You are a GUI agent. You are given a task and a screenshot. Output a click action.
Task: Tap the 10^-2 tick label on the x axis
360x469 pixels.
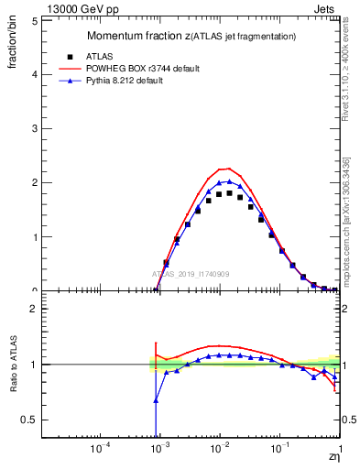(219, 451)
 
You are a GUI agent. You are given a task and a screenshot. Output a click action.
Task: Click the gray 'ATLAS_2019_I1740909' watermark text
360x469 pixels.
(190, 274)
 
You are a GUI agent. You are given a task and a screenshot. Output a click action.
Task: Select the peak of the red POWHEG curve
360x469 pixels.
(226, 169)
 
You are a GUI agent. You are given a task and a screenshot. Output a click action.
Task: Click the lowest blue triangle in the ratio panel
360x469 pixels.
(156, 400)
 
